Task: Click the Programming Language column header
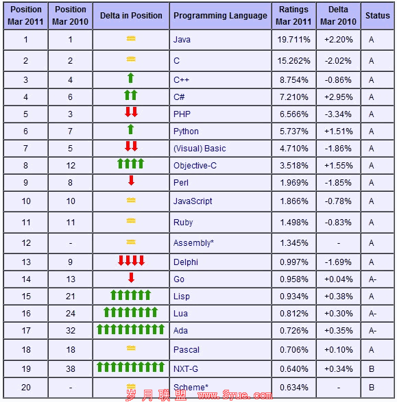[220, 16]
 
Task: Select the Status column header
[377, 15]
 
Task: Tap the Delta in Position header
[131, 16]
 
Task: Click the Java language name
[182, 40]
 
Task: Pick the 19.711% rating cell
[293, 40]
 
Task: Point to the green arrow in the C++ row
[131, 78]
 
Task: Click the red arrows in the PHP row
[131, 112]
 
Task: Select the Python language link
[186, 131]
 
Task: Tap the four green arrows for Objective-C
[131, 164]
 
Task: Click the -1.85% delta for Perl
[338, 183]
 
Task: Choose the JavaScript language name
[193, 201]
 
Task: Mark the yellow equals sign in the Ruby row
[131, 221]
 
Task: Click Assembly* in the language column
[193, 243]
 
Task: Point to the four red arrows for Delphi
[131, 260]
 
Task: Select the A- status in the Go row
[372, 279]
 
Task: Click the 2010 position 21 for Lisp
[71, 297]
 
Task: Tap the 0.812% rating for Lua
[294, 314]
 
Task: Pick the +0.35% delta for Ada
[338, 331]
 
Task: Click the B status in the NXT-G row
[372, 369]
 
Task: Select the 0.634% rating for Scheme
[294, 388]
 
